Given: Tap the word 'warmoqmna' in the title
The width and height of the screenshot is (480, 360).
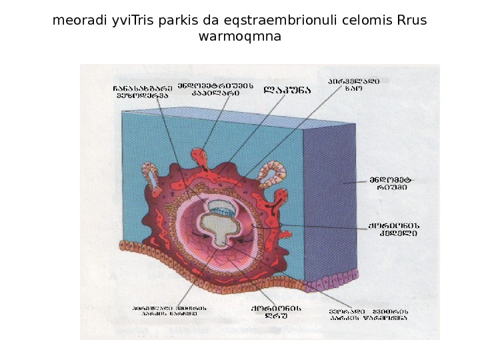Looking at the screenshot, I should pos(240,37).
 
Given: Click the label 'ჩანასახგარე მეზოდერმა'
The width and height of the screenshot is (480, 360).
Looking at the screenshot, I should pos(142,91).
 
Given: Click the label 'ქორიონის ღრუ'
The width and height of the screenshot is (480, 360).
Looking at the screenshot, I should pos(276,312).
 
